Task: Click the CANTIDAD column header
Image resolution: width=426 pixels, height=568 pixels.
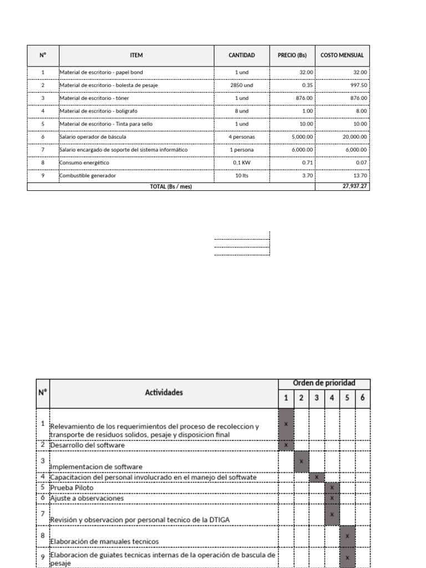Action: click(x=242, y=55)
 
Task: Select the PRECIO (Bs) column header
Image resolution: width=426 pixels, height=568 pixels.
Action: click(x=292, y=55)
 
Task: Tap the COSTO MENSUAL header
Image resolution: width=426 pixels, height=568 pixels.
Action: click(x=342, y=55)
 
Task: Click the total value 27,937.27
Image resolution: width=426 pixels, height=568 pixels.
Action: click(x=355, y=186)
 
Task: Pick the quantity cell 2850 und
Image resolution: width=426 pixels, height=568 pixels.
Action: click(x=242, y=85)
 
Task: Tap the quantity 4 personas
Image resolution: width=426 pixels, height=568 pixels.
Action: click(x=242, y=136)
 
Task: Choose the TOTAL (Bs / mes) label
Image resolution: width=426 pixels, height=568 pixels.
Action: click(x=171, y=186)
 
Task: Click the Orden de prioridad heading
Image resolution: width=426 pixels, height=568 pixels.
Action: click(x=324, y=383)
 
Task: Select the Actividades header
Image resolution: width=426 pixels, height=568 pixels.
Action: click(x=164, y=392)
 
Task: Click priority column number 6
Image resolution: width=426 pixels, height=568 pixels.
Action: click(x=362, y=398)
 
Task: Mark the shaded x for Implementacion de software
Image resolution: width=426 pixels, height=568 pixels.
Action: click(x=301, y=461)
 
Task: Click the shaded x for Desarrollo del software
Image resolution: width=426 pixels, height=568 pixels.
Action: click(x=286, y=445)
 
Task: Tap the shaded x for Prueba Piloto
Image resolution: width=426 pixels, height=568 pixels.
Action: click(x=332, y=488)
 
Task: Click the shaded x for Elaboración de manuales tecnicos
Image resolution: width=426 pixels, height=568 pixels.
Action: click(x=347, y=536)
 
